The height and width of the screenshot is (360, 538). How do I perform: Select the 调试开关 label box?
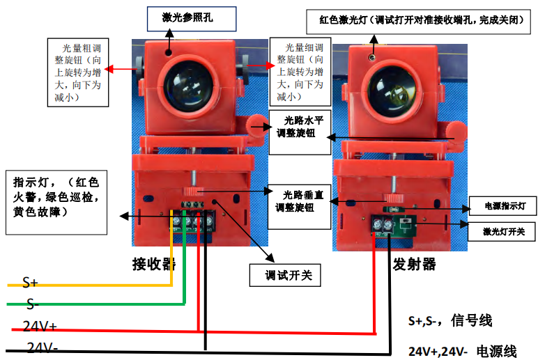284,274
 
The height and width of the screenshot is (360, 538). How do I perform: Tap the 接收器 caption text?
153,265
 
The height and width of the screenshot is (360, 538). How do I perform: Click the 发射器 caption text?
414,265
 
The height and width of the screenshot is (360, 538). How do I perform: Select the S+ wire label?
31,282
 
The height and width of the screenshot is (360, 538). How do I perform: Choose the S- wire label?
32,304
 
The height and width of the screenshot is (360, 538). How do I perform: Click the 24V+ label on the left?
40,325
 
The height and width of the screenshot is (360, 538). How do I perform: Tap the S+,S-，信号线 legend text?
450,321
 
